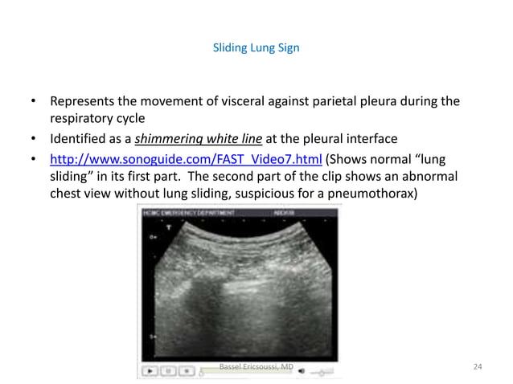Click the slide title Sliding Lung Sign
(256, 47)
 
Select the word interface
(359, 138)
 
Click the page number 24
(478, 367)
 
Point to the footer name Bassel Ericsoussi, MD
(256, 367)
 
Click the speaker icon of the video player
(306, 371)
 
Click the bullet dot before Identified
(34, 138)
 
